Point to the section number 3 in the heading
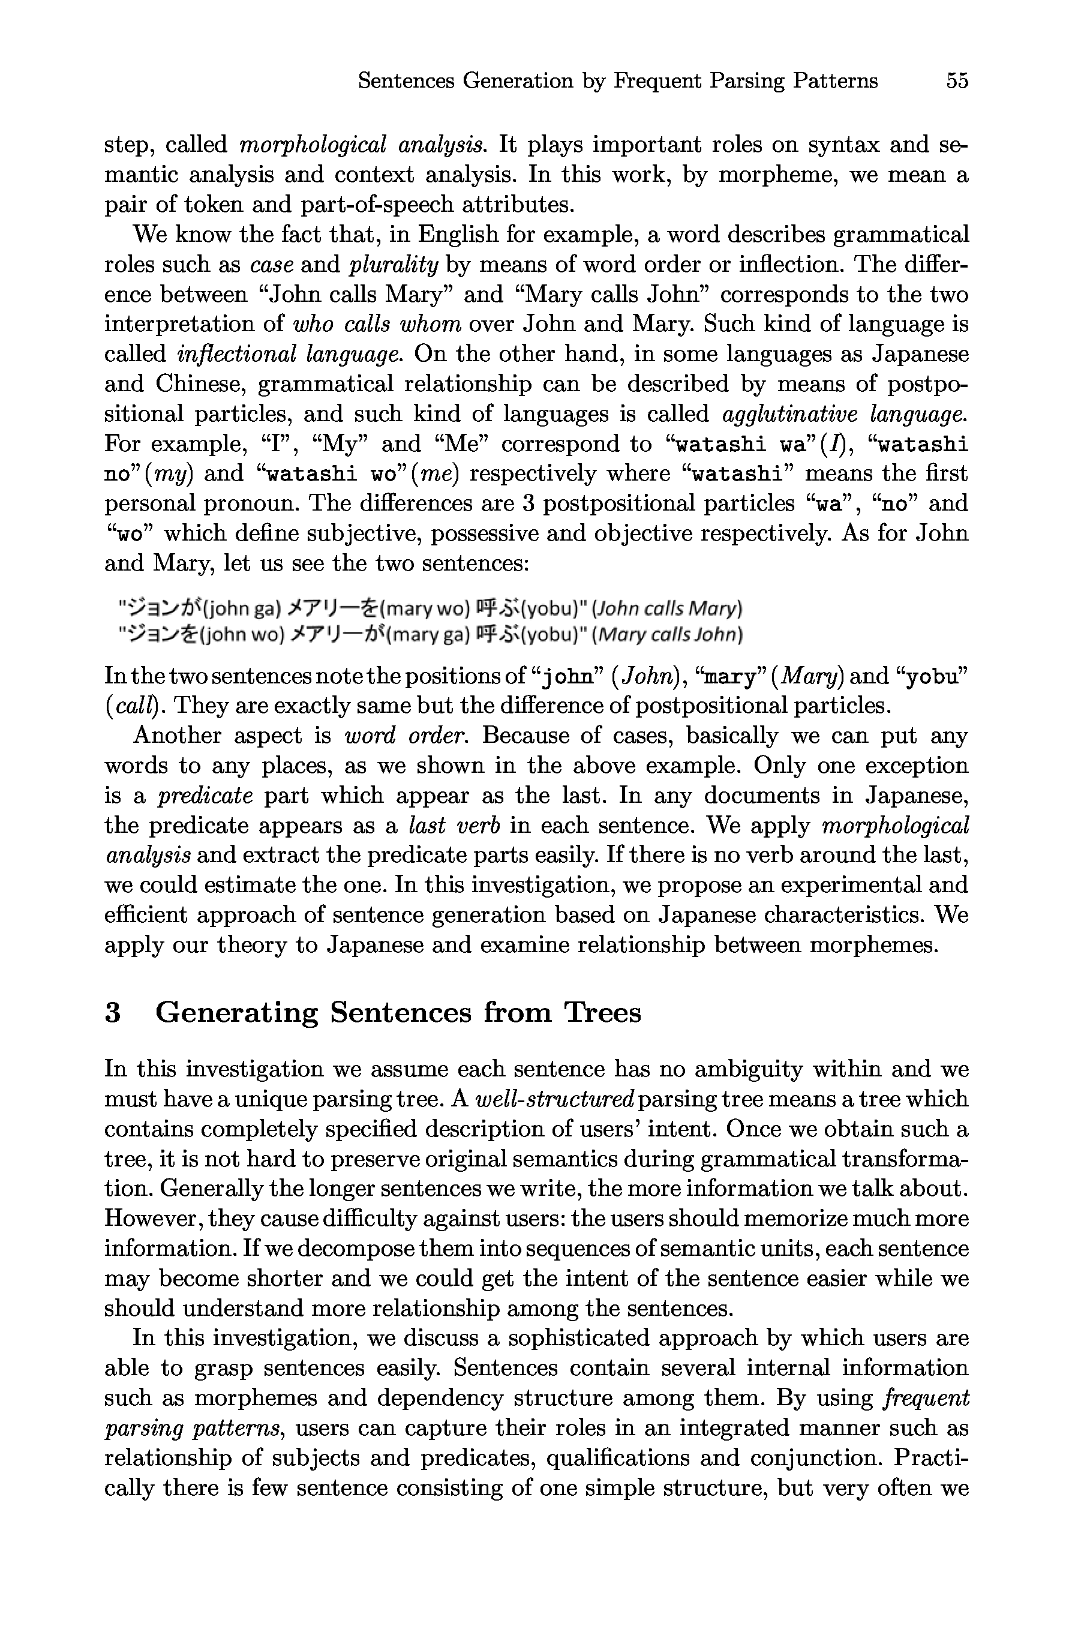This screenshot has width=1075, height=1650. click(113, 1013)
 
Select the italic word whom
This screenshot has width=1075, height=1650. click(433, 325)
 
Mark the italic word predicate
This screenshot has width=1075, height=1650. click(205, 795)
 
